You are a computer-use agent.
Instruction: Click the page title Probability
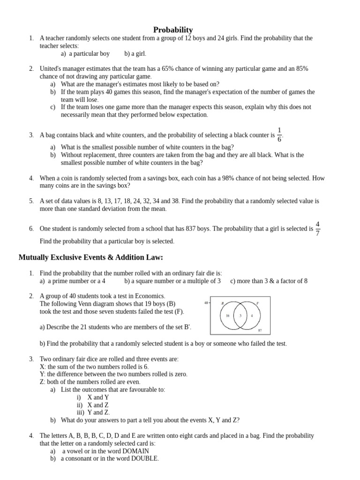click(173, 30)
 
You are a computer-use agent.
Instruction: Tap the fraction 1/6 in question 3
click(279, 134)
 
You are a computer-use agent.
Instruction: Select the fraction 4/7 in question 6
click(317, 228)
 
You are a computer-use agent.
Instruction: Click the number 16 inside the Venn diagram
click(228, 316)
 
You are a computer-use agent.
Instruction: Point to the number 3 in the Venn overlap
click(240, 316)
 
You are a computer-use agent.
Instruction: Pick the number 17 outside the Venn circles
click(260, 330)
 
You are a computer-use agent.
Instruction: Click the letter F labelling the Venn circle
click(258, 303)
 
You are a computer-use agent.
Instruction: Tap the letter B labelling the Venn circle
click(223, 303)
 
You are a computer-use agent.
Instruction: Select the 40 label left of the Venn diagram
click(206, 303)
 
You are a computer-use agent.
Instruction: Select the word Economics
click(148, 296)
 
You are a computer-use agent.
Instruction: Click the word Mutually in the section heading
click(34, 257)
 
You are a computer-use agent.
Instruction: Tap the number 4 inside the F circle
click(252, 316)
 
